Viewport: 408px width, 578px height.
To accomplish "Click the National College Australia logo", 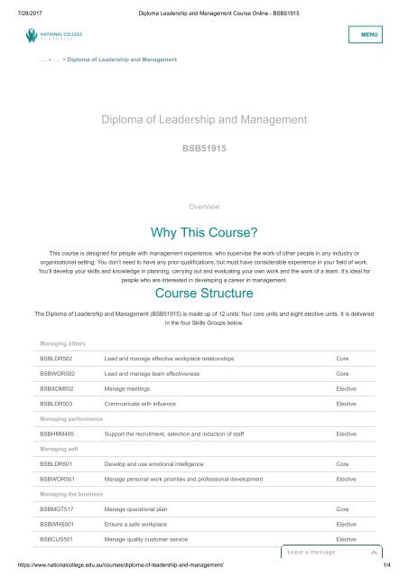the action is (54, 36).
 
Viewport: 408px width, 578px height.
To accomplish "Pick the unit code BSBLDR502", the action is (57, 359).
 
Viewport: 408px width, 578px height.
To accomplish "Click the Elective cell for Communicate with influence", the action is (346, 404).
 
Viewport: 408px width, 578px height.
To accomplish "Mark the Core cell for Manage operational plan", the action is (343, 509).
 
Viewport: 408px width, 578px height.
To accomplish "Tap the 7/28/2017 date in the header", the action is (23, 6).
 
